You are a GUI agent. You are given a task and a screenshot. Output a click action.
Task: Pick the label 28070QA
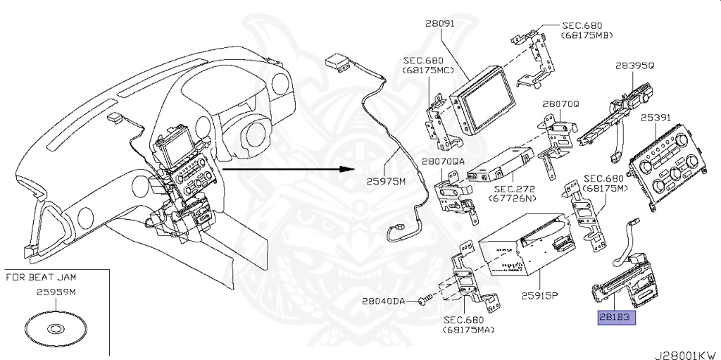(x=444, y=161)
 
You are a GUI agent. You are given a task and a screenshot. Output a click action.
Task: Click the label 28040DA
(x=384, y=301)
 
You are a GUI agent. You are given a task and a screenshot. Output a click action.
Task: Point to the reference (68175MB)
(x=587, y=35)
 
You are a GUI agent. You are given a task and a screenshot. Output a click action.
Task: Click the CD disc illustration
(x=56, y=328)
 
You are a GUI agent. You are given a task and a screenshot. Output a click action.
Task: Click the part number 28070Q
(x=560, y=103)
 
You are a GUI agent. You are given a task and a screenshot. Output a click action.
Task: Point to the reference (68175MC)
(x=427, y=70)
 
